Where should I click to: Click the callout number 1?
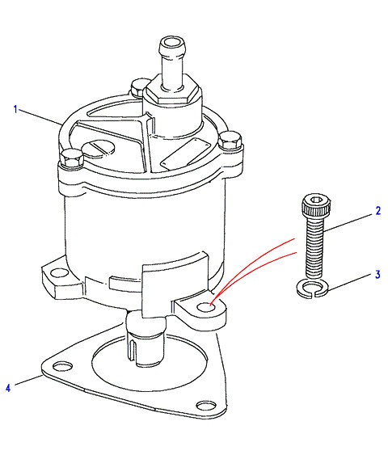(16, 109)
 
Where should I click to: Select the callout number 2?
(378, 211)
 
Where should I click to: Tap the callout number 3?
(377, 275)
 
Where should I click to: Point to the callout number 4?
(8, 388)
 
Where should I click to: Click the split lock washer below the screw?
(312, 289)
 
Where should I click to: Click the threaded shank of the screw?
(314, 246)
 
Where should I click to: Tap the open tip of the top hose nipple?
(172, 42)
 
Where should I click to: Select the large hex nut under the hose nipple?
(172, 91)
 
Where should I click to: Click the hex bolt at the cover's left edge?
(72, 158)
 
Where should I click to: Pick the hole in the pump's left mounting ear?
(60, 273)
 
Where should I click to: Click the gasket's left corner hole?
(63, 366)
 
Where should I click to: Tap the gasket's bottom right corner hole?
(206, 406)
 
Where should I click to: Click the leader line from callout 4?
(29, 380)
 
